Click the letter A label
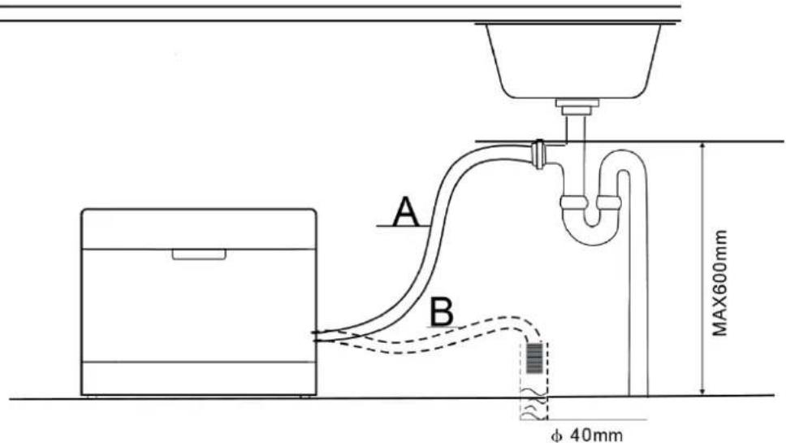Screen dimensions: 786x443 pos(405,211)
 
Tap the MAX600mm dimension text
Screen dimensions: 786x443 pos(720,283)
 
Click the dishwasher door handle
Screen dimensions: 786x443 pos(199,254)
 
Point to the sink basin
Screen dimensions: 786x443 pos(573,60)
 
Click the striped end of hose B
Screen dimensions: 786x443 pos(534,358)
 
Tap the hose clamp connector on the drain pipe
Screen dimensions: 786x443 pos(538,154)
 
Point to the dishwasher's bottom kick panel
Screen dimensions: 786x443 pos(198,378)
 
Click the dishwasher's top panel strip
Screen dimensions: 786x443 pos(198,228)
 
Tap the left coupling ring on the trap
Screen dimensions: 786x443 pos(574,202)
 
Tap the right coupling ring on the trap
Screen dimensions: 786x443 pos(608,202)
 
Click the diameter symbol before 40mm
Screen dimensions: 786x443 pos(555,435)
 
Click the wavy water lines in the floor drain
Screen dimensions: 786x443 pos(533,404)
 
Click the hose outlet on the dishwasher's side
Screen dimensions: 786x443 pos(319,337)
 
